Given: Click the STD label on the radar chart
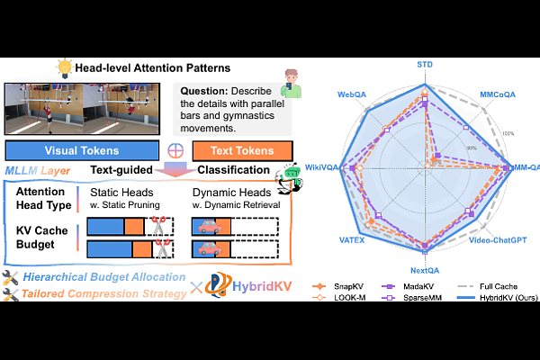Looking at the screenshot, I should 425,66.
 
